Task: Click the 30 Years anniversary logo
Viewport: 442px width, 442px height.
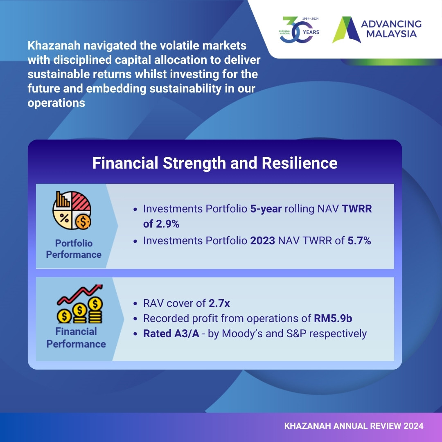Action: tap(299, 29)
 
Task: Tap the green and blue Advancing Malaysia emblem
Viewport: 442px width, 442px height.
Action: tap(347, 29)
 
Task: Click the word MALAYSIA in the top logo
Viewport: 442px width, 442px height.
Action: tap(391, 34)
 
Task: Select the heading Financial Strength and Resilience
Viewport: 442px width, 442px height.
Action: tap(215, 163)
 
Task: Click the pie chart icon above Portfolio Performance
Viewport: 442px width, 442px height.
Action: tap(72, 210)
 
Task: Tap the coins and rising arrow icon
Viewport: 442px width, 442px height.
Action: tap(80, 304)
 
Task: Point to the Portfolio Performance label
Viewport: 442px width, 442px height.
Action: tap(74, 249)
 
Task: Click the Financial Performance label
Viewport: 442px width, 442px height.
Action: tap(76, 338)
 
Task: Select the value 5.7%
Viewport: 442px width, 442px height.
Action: tap(359, 241)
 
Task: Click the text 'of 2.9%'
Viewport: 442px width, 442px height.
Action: tap(161, 224)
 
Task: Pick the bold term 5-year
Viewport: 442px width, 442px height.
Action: tap(266, 209)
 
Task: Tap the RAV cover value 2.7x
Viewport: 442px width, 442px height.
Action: tap(219, 303)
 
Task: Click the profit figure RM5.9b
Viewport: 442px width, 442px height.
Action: tap(333, 318)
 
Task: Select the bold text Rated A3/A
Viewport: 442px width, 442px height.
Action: tap(171, 334)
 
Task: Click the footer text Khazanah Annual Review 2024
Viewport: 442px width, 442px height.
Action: tap(354, 426)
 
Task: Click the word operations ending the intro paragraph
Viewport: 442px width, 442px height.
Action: tap(56, 103)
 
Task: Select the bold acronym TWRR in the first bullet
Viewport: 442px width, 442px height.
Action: tap(357, 209)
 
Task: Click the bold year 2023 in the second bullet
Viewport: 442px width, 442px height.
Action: tap(262, 241)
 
